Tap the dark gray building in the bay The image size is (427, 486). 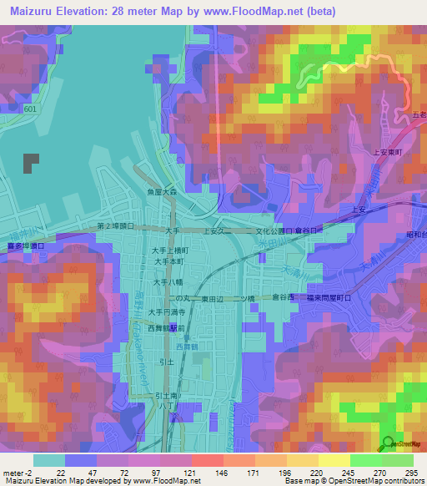tap(31, 163)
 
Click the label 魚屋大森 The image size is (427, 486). tap(158, 191)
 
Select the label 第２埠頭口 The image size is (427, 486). tap(114, 225)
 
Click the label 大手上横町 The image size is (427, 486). tap(169, 250)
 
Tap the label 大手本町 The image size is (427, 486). tap(169, 261)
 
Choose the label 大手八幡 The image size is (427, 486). tap(167, 283)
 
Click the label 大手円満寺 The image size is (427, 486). tap(167, 311)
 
